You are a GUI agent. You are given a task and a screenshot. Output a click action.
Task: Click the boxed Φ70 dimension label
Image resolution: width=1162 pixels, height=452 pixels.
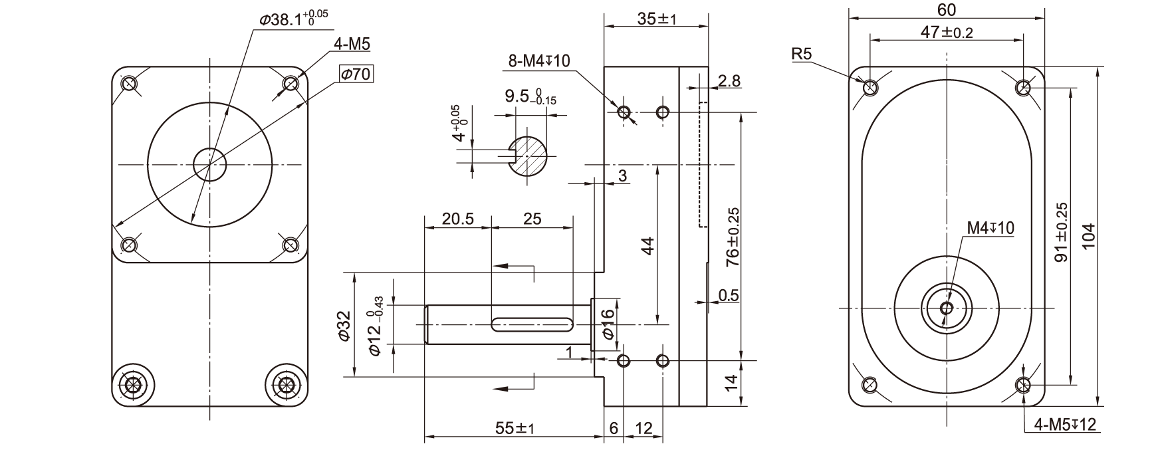point(356,74)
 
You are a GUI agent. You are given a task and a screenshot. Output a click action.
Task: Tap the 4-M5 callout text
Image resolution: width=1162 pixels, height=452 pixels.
point(352,44)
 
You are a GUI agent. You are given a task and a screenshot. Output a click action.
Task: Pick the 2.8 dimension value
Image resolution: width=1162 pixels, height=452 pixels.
point(729,81)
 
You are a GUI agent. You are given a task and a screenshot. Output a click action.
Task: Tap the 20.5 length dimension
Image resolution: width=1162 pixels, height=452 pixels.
point(458,219)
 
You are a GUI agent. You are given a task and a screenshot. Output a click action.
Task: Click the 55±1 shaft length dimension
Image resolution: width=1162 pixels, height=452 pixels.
point(515,429)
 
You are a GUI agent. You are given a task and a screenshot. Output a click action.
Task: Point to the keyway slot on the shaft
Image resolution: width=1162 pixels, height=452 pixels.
point(531,324)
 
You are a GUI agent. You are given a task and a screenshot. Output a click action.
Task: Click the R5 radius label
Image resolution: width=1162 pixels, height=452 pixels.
point(802,55)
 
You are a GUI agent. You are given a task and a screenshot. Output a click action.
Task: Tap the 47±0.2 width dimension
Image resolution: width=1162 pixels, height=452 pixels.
point(946,32)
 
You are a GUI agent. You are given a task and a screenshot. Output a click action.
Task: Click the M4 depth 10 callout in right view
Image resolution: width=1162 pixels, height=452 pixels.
point(990,229)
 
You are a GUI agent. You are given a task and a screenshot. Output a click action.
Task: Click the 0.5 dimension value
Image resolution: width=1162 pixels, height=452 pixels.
point(729,295)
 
